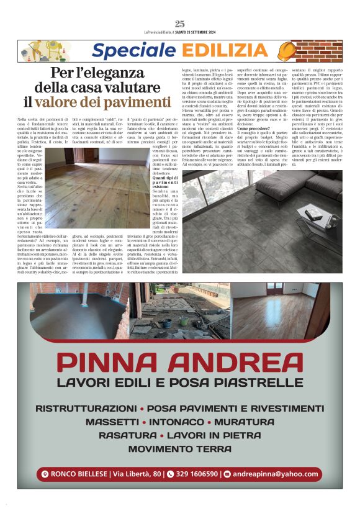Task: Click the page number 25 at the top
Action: [179, 24]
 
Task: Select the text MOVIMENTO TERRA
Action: [179, 448]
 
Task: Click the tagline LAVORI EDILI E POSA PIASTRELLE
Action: [179, 382]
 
